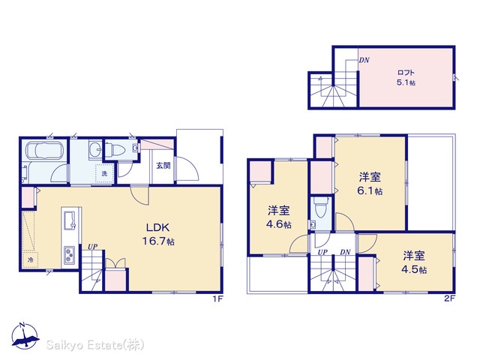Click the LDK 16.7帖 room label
click(158, 234)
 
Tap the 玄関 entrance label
click(163, 166)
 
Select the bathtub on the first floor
click(45, 151)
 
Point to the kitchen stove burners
click(68, 255)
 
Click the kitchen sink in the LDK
click(69, 220)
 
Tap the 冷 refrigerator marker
click(30, 260)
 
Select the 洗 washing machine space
click(104, 173)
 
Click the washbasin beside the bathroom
click(95, 150)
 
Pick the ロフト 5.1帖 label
click(406, 77)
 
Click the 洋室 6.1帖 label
click(370, 184)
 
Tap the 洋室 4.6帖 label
click(278, 217)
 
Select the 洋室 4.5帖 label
click(414, 262)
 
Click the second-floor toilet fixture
click(320, 208)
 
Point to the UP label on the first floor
click(92, 247)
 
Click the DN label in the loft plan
click(364, 60)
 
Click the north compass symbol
click(25, 336)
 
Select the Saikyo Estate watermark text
click(95, 345)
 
